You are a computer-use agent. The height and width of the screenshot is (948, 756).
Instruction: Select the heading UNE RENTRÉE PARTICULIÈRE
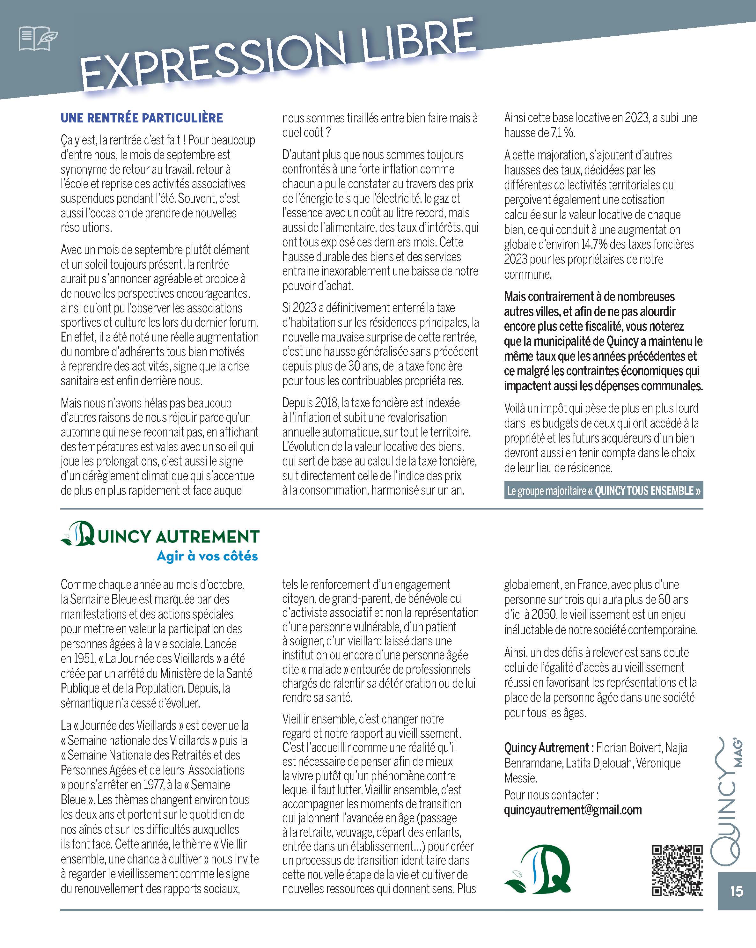click(x=142, y=118)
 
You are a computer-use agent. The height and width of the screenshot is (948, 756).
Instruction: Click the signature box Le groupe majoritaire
click(x=603, y=491)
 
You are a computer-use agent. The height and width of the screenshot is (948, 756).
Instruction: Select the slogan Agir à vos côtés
click(x=207, y=556)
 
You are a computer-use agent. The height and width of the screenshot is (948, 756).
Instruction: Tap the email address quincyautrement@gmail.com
click(x=573, y=810)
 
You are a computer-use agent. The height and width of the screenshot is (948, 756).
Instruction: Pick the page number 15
click(x=736, y=891)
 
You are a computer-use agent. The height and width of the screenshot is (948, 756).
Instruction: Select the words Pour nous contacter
click(x=551, y=795)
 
